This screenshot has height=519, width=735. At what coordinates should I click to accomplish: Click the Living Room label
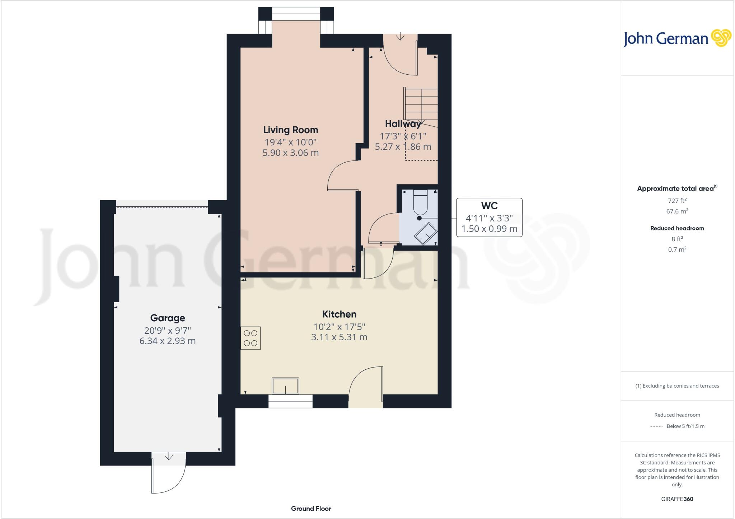click(x=290, y=130)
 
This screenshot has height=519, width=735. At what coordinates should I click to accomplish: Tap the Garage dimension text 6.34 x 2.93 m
click(x=167, y=341)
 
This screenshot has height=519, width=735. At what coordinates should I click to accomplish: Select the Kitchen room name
click(x=339, y=314)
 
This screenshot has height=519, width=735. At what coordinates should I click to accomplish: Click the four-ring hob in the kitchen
click(x=251, y=338)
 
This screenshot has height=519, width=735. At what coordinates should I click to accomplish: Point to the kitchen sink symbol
click(x=285, y=386)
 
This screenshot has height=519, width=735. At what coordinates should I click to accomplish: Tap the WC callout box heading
click(x=489, y=206)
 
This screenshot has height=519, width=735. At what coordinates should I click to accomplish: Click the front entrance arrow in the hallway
click(x=400, y=37)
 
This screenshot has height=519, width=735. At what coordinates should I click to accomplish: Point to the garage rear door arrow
click(x=169, y=457)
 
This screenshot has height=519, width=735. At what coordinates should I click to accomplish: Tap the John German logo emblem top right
click(x=721, y=38)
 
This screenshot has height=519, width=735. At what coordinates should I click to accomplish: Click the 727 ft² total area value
click(x=677, y=201)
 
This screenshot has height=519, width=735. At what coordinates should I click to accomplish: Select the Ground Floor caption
click(x=311, y=509)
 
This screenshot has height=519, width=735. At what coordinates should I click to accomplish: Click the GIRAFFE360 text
click(x=677, y=499)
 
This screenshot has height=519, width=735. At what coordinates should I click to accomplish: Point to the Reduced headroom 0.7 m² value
click(x=677, y=249)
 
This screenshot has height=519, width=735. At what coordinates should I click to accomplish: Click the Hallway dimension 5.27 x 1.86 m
click(x=403, y=147)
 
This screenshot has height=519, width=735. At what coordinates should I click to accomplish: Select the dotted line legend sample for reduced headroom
click(x=656, y=426)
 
